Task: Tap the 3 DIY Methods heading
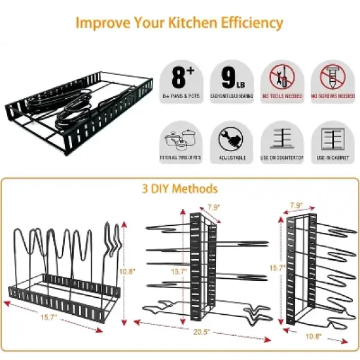(x=179, y=189)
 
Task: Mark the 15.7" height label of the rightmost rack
(x=277, y=268)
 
